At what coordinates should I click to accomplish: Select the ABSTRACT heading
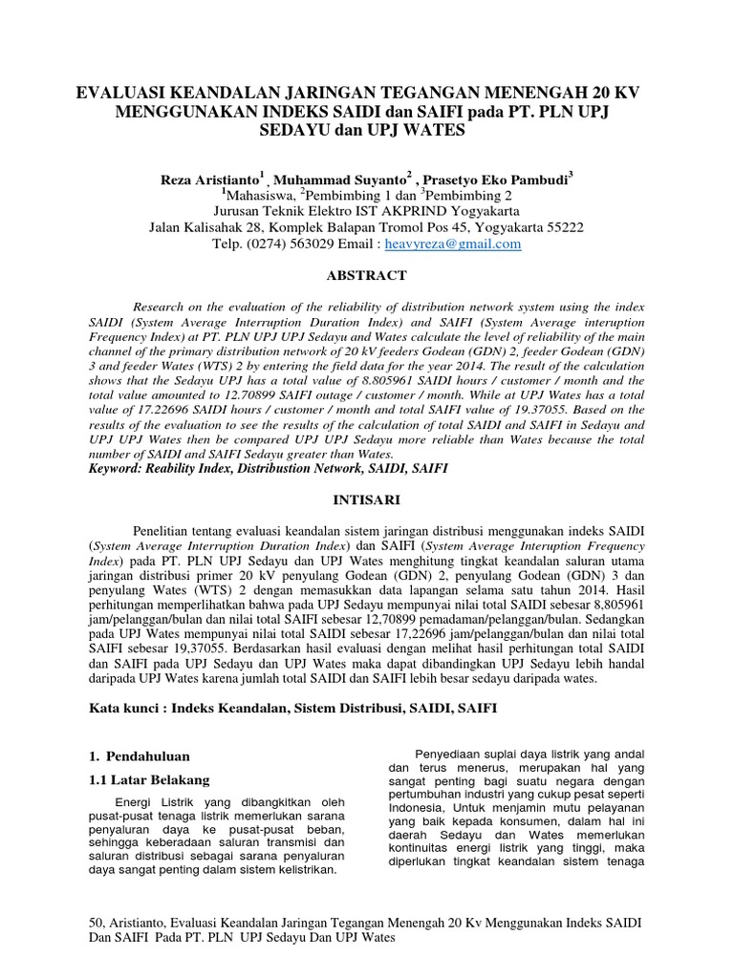coord(366,275)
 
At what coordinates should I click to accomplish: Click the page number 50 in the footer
coord(94,922)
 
